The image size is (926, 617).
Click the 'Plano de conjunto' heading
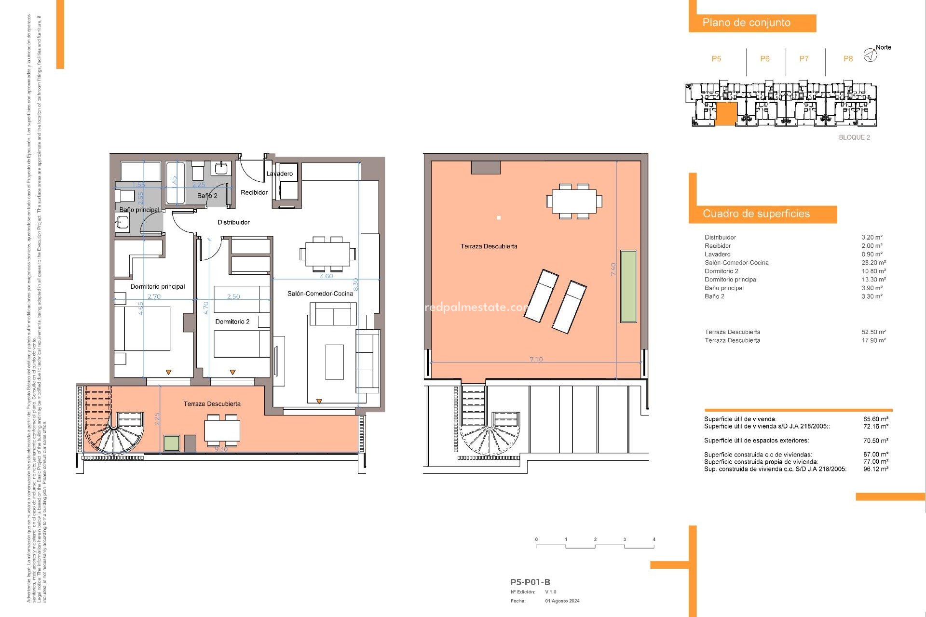tap(746, 23)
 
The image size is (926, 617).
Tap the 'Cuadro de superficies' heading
tap(756, 214)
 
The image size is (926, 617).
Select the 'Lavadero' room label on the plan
tap(279, 174)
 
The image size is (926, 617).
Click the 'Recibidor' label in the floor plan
tap(254, 192)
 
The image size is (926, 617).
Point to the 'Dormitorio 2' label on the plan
tap(232, 322)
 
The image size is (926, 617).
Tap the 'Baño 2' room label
tap(207, 196)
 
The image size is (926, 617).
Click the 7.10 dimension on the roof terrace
tap(536, 360)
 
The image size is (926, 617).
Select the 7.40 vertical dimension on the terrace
tap(613, 269)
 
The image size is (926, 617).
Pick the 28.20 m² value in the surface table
tap(873, 263)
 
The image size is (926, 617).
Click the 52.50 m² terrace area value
tap(873, 332)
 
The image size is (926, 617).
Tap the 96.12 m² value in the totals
tap(875, 469)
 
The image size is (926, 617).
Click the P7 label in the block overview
tap(803, 59)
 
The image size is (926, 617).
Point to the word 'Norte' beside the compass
tap(883, 47)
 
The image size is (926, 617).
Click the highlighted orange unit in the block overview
tap(725, 114)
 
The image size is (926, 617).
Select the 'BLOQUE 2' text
tap(854, 137)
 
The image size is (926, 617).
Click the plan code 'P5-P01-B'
tap(530, 582)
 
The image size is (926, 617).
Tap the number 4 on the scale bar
tap(654, 539)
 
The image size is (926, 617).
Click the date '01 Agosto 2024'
tap(562, 601)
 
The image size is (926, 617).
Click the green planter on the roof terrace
tap(628, 286)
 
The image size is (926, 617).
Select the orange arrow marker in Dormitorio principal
tap(168, 372)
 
